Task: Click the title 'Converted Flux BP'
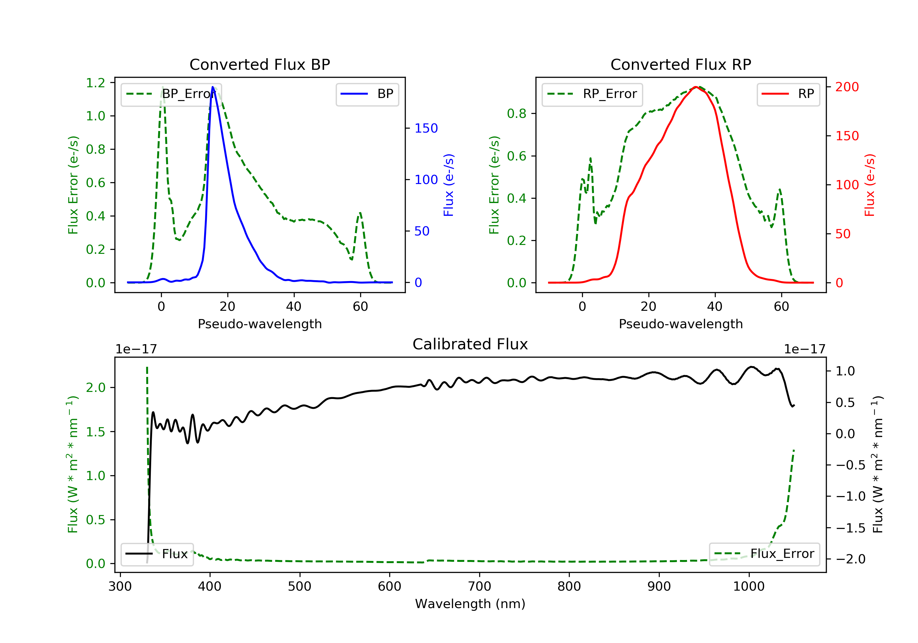(259, 64)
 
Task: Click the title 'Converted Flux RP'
(681, 64)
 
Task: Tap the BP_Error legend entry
(171, 94)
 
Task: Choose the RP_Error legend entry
(592, 94)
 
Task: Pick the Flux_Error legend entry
(764, 554)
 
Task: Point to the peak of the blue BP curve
(213, 87)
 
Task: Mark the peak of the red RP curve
(696, 87)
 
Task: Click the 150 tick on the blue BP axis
(426, 128)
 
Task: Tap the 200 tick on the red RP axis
(847, 87)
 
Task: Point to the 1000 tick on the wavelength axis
(748, 587)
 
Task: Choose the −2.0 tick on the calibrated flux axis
(850, 559)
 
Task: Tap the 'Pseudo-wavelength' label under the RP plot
(681, 324)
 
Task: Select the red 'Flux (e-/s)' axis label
(870, 185)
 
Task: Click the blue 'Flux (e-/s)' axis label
(449, 185)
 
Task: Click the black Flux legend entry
(157, 554)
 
